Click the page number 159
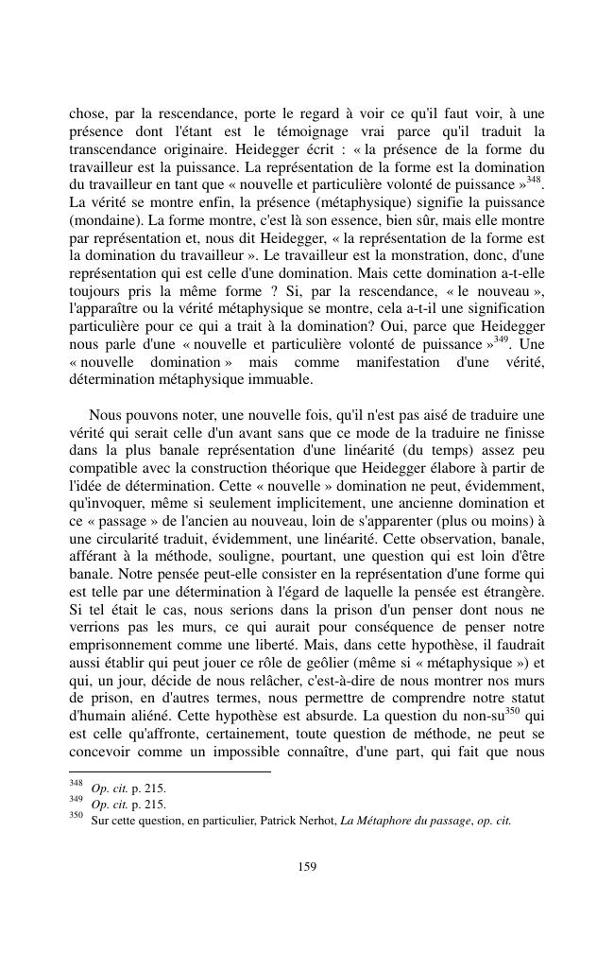tap(307, 866)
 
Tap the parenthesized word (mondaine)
tap(106, 219)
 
